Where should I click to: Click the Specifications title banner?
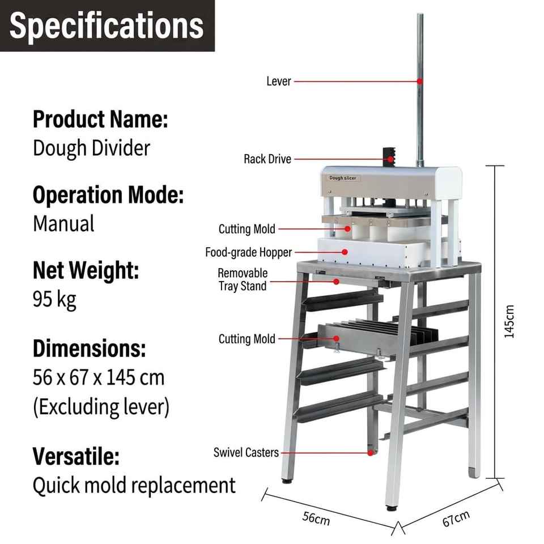107,25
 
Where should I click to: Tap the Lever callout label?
279,81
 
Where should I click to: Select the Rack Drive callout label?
267,159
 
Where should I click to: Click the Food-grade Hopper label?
248,252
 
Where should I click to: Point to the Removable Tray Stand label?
243,279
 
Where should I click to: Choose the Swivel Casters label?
246,452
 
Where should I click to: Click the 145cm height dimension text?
509,322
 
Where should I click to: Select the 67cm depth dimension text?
456,518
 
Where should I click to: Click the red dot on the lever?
420,81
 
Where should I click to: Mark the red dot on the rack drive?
390,159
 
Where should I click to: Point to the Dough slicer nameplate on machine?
343,178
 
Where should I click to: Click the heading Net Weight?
86,270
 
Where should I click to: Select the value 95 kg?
54,299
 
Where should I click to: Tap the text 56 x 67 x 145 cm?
99,377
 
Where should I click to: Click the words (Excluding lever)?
101,407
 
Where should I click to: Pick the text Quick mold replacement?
134,485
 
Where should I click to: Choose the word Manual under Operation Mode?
63,223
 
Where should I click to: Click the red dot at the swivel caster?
371,453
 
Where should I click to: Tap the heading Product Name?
100,119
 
